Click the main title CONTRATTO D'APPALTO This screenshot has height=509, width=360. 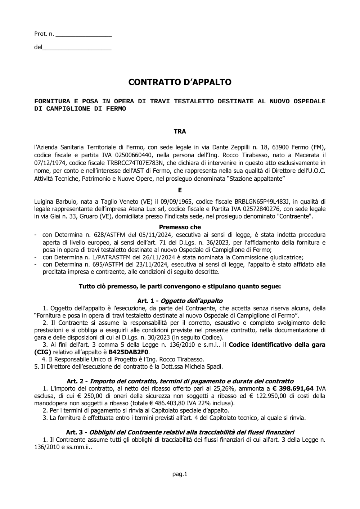click(x=180, y=82)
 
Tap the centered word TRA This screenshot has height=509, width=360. click(x=180, y=132)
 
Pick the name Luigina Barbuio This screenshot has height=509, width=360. click(x=54, y=201)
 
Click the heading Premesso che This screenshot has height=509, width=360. click(x=180, y=227)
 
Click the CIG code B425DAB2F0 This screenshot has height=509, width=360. click(x=129, y=352)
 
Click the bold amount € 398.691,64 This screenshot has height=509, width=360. click(x=293, y=388)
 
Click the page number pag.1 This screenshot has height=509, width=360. click(x=180, y=474)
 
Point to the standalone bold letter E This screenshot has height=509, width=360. click(x=180, y=190)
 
